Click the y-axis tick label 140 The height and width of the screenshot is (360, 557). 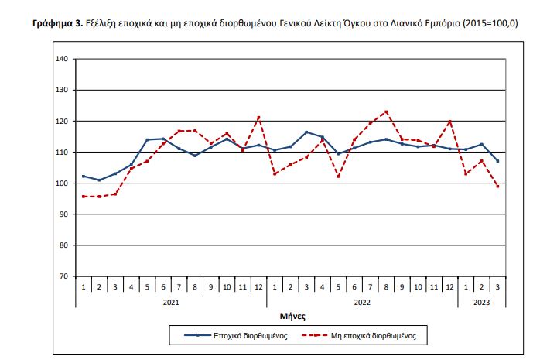(x=62, y=59)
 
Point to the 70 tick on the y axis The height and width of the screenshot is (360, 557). (x=64, y=276)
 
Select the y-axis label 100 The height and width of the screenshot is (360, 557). (x=62, y=183)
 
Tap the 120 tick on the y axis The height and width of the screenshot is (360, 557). (x=62, y=122)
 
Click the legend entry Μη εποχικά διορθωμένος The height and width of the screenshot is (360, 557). (x=377, y=336)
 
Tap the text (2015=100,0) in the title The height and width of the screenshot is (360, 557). (x=490, y=24)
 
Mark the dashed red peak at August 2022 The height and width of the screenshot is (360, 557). (x=385, y=111)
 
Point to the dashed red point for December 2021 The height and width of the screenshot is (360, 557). (x=258, y=118)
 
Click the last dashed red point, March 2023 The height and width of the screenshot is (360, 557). (x=497, y=187)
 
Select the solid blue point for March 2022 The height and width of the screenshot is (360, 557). (x=306, y=132)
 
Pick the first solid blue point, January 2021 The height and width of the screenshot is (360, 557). (x=84, y=177)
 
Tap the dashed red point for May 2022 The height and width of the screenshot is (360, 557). (x=338, y=177)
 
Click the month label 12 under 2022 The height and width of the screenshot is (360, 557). (x=449, y=287)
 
